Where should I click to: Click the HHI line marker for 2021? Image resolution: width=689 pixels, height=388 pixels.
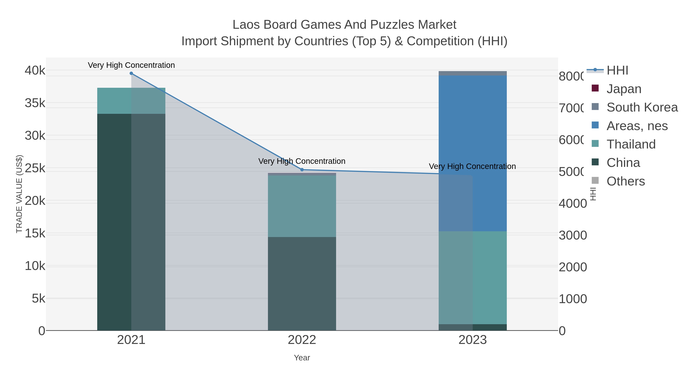(131, 73)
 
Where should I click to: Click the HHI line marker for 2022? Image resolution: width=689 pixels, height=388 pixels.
(302, 170)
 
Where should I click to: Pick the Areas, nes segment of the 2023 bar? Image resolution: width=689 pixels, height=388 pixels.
(473, 153)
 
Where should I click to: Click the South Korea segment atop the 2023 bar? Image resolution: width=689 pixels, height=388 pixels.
(473, 73)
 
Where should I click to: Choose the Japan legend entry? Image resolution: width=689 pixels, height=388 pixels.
(624, 89)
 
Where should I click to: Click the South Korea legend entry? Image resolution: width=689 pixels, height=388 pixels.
(642, 107)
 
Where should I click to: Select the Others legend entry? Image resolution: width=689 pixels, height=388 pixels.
(625, 181)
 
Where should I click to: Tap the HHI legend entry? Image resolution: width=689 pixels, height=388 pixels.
(617, 71)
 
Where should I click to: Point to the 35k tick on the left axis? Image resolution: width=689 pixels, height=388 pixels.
(35, 103)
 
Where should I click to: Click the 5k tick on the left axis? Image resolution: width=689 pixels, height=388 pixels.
(38, 298)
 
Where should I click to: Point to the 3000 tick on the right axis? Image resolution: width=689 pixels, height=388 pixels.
(573, 235)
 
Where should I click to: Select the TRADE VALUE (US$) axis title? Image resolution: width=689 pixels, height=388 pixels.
(19, 194)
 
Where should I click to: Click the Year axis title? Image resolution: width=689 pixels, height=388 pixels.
(302, 358)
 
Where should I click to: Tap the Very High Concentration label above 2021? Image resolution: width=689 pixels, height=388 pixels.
(131, 65)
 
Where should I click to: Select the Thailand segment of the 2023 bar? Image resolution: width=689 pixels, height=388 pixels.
(473, 277)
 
